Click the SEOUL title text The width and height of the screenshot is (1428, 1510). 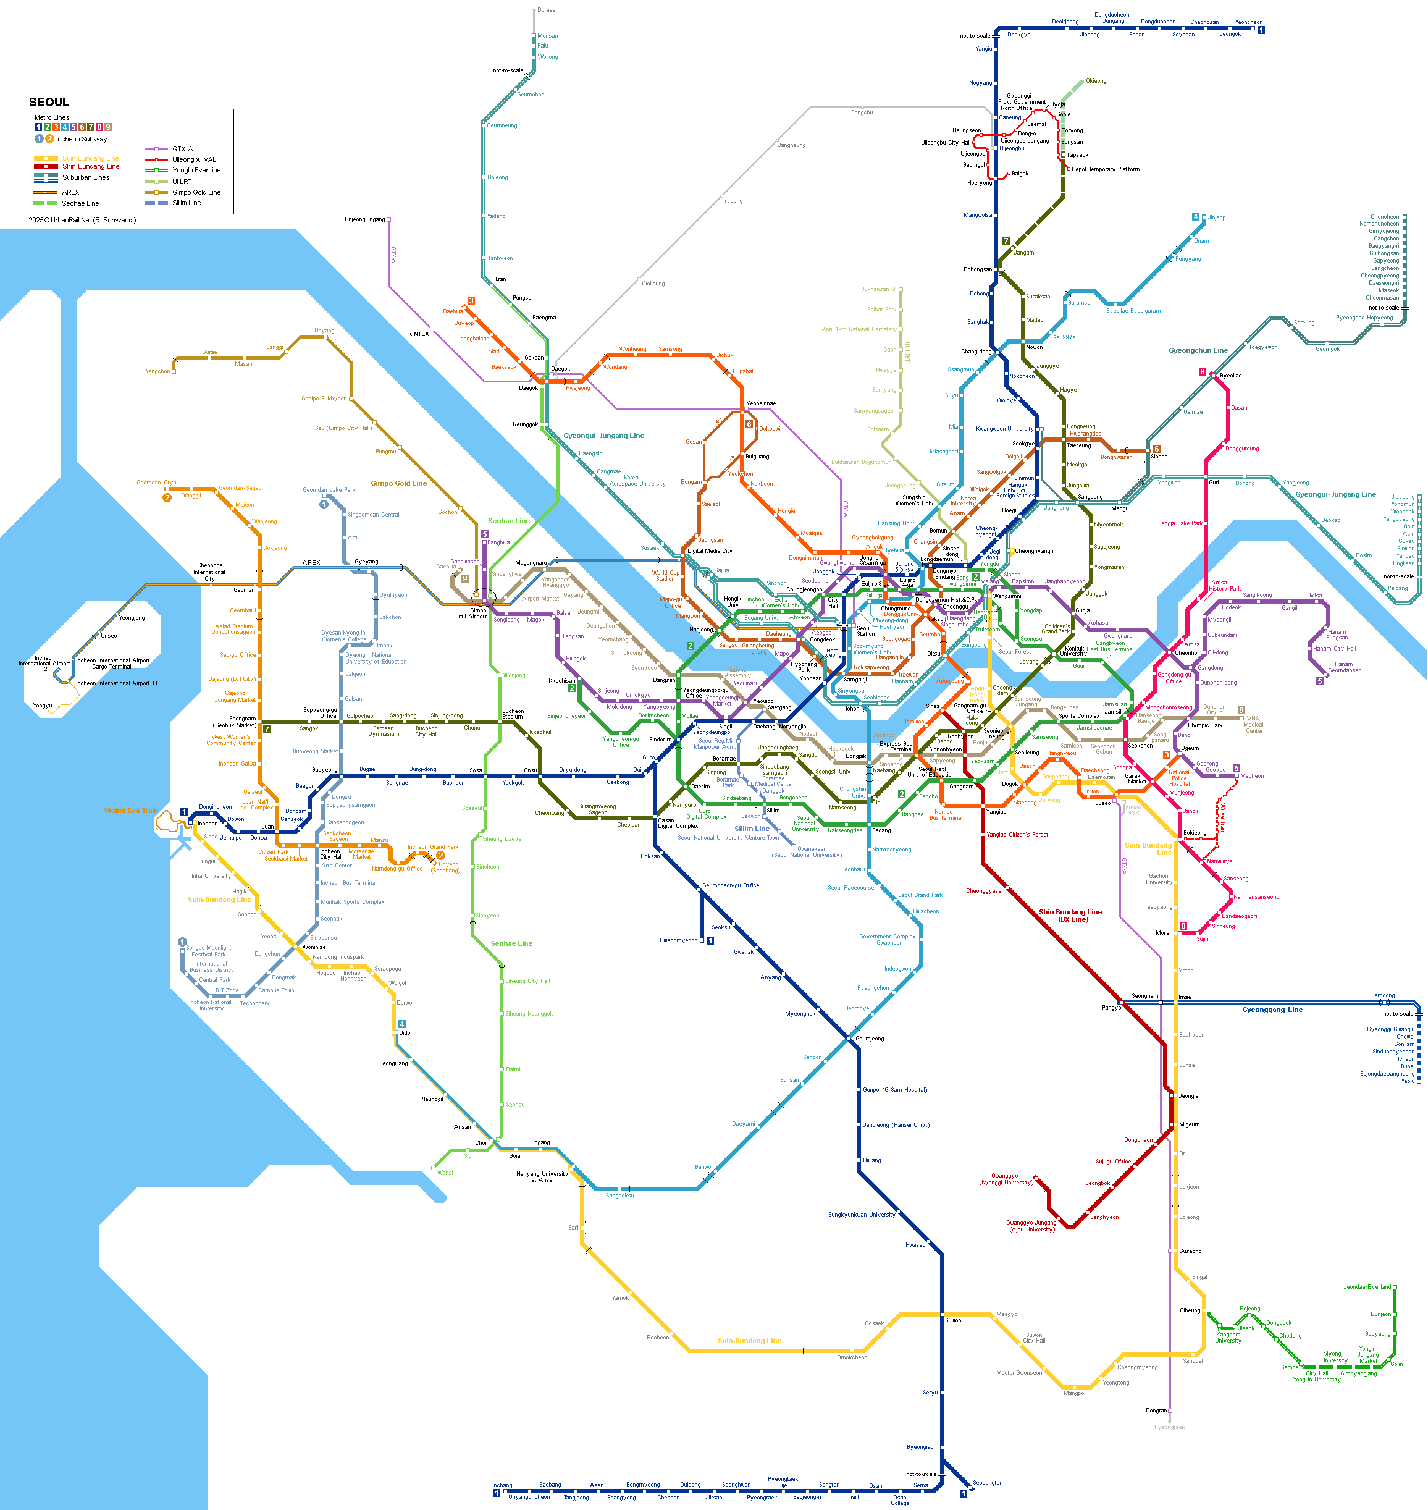click(x=49, y=102)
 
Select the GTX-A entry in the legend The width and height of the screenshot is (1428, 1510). click(x=182, y=150)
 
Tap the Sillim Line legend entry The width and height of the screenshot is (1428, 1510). click(x=186, y=203)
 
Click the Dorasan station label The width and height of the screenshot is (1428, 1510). click(x=547, y=10)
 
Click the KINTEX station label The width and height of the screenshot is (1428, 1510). click(x=418, y=334)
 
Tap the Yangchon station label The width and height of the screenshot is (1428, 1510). click(x=157, y=371)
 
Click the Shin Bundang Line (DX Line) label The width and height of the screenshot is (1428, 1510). click(x=1070, y=915)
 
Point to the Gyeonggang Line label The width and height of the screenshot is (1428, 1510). click(x=1272, y=1010)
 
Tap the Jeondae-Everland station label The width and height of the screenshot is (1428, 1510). click(x=1366, y=1287)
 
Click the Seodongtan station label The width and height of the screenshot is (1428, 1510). click(x=987, y=1483)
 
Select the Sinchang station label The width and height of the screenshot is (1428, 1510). click(x=500, y=1485)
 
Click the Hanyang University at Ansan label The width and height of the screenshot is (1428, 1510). click(x=542, y=1176)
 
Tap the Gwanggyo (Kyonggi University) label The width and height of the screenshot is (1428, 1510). click(x=1005, y=1179)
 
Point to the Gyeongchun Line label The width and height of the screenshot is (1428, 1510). click(x=1198, y=351)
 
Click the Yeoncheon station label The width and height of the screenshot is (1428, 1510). click(x=1248, y=22)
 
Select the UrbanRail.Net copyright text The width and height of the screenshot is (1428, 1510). click(x=82, y=220)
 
